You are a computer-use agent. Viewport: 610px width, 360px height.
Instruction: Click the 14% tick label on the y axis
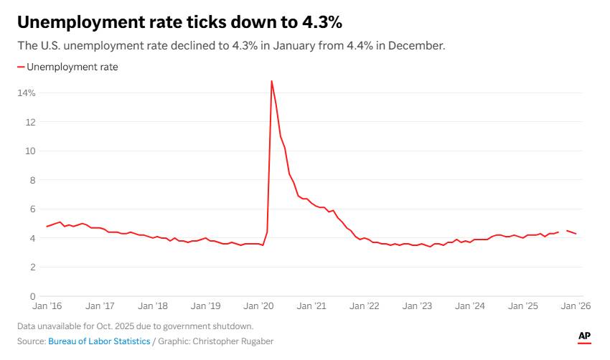tap(27, 93)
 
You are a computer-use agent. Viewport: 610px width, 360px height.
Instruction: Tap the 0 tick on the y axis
tap(32, 296)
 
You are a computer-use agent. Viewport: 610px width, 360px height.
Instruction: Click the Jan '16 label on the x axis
tap(47, 306)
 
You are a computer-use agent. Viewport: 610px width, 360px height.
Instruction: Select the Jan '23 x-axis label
tap(417, 306)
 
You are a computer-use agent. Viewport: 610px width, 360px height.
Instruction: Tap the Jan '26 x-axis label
tap(576, 306)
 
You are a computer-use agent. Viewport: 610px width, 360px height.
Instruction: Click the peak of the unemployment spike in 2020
tap(271, 80)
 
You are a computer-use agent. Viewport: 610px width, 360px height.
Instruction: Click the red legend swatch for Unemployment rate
tap(21, 67)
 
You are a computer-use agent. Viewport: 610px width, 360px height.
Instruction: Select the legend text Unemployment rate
tap(72, 67)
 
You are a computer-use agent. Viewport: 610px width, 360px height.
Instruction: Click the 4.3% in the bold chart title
tap(322, 23)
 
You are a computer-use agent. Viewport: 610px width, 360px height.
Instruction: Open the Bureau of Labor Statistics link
tap(99, 341)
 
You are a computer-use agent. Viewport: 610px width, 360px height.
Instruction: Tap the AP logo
tap(584, 336)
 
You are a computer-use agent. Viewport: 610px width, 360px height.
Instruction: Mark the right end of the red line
tap(576, 234)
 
